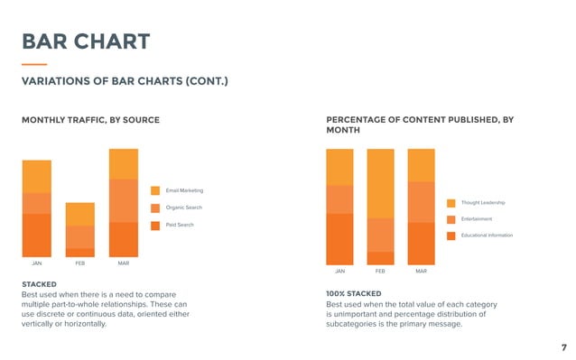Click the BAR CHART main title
point(85,42)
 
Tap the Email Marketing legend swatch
point(155,190)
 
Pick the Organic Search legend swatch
point(155,208)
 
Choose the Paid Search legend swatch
point(155,225)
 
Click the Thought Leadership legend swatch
point(451,202)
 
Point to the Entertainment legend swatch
point(451,219)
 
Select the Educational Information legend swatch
point(451,235)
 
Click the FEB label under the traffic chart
point(79,263)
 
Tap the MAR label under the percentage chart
point(421,271)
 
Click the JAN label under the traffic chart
point(37,263)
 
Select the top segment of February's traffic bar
point(79,214)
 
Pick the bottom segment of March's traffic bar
point(123,240)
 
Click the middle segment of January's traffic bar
point(37,203)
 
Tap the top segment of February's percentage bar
point(380,183)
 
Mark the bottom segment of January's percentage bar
point(340,239)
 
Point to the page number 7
point(563,346)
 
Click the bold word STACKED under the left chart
point(39,284)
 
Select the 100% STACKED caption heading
point(354,293)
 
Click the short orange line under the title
point(33,64)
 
